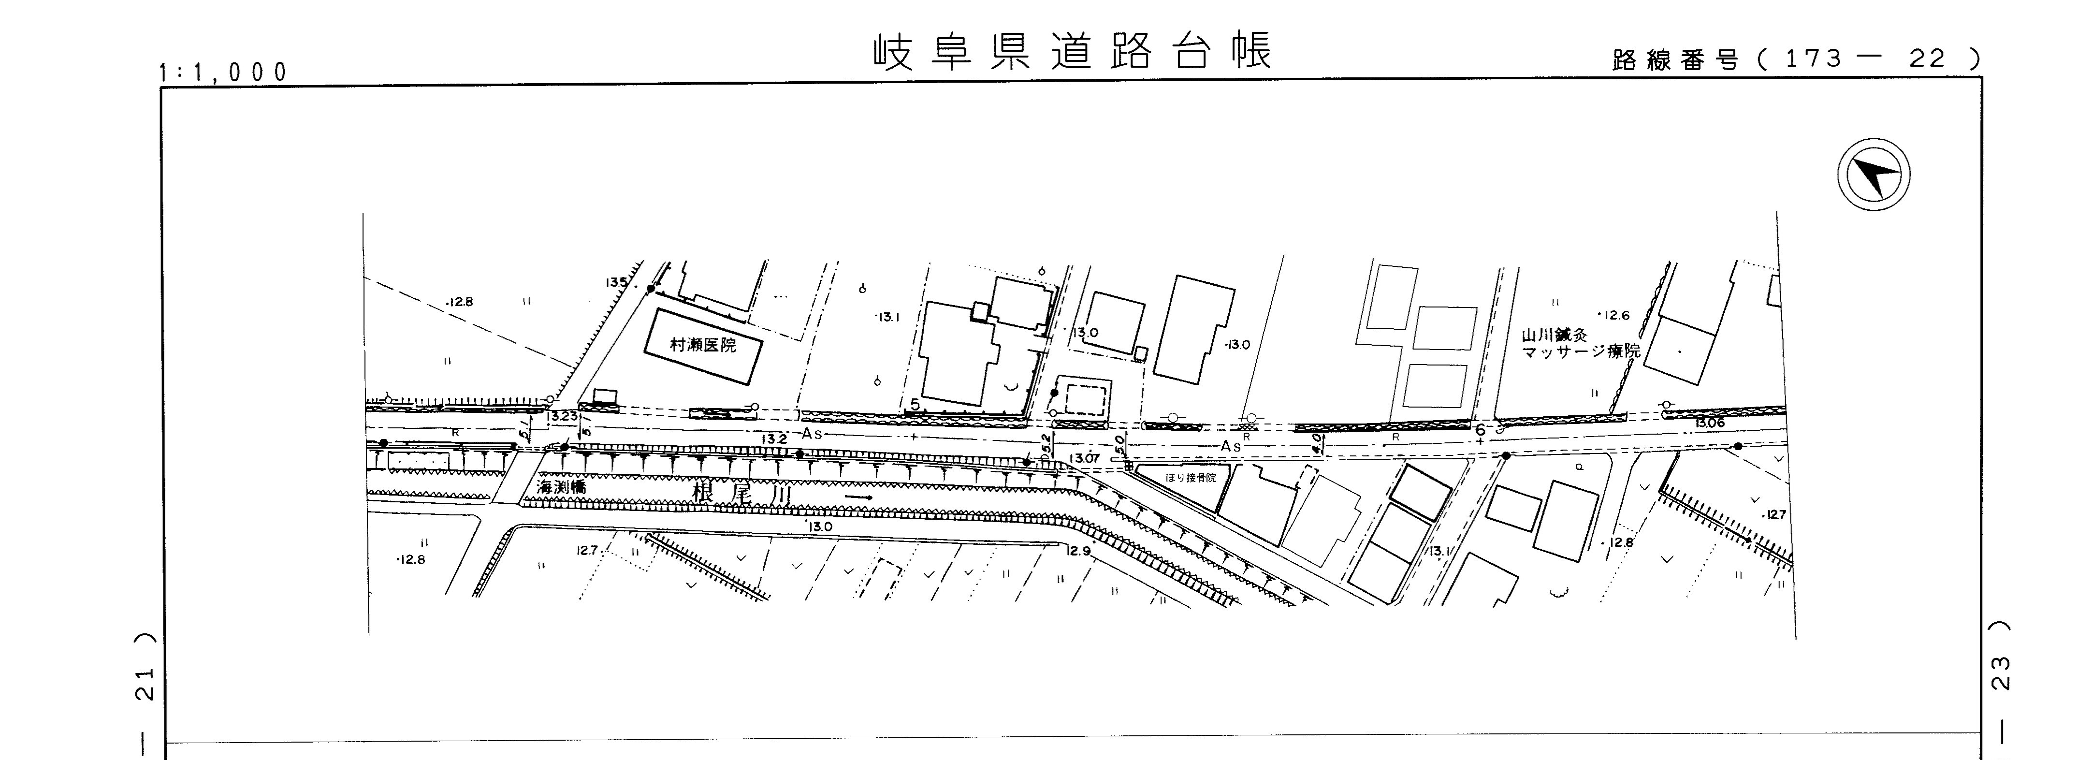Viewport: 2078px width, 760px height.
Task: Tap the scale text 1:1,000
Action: (x=223, y=73)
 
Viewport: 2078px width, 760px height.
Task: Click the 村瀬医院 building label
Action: (x=703, y=345)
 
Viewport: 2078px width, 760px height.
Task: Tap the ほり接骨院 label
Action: (x=1191, y=478)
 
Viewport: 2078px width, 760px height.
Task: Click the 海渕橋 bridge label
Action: (x=562, y=487)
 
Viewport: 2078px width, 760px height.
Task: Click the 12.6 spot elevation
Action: (x=1614, y=315)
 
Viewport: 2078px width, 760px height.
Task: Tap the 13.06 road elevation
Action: (x=1709, y=423)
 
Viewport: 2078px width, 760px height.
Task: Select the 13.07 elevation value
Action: (x=1084, y=458)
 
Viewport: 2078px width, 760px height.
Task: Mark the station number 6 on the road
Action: (x=1480, y=430)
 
